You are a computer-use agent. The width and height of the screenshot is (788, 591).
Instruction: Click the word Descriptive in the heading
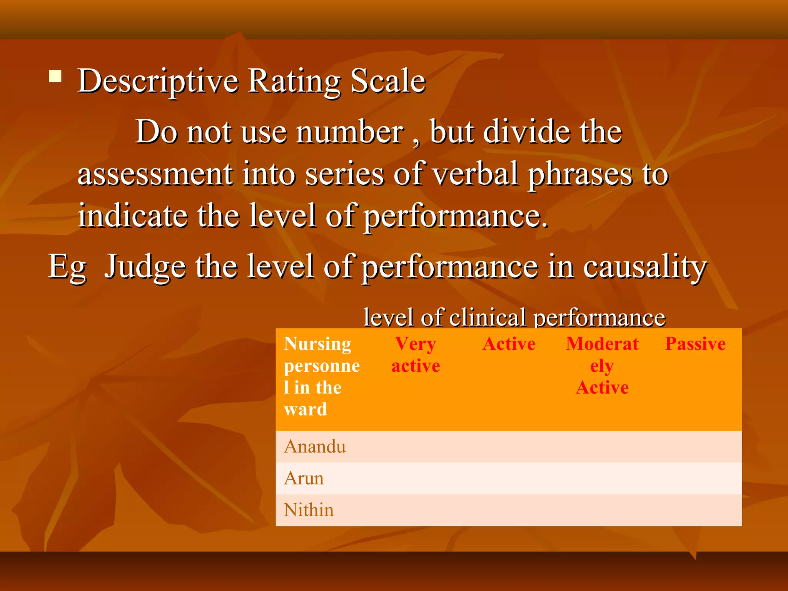click(x=158, y=82)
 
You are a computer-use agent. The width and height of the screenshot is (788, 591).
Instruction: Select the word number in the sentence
click(x=350, y=132)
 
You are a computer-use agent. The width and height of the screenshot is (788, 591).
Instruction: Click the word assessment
click(x=155, y=174)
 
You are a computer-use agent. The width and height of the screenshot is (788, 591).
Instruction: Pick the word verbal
click(x=475, y=174)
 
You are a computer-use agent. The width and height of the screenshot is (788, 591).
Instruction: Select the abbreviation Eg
click(x=67, y=267)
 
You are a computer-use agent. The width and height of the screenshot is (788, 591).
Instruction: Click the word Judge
click(x=145, y=267)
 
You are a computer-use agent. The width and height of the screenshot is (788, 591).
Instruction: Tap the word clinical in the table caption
click(x=487, y=318)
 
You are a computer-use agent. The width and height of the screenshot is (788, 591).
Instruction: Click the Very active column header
click(x=416, y=354)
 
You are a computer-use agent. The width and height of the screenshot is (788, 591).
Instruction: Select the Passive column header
click(x=695, y=344)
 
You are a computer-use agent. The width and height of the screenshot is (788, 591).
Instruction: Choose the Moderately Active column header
click(x=602, y=365)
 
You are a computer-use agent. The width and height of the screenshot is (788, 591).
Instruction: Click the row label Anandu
click(x=315, y=447)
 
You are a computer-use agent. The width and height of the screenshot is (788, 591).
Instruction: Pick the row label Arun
click(x=304, y=478)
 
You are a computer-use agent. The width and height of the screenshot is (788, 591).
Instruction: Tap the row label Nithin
click(x=309, y=510)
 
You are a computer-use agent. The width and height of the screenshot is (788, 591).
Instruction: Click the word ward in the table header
click(x=306, y=409)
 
